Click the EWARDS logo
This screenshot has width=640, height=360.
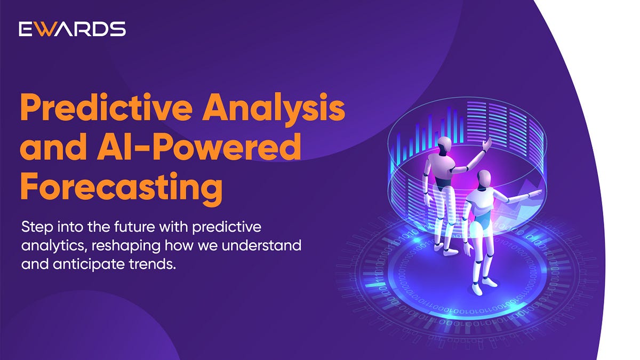[x=72, y=29]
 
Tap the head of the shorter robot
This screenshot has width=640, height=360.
[x=484, y=178]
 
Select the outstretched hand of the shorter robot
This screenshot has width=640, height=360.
[x=537, y=193]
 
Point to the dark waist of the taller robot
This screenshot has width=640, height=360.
[x=441, y=181]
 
